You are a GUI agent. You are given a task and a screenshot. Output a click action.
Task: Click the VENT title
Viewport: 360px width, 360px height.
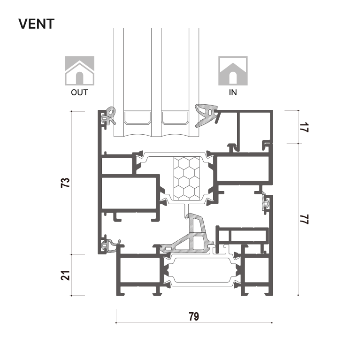click(36, 24)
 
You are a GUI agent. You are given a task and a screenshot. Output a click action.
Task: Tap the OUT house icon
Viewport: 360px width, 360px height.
click(79, 71)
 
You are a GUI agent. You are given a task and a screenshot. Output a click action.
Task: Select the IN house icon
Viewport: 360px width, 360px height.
click(233, 71)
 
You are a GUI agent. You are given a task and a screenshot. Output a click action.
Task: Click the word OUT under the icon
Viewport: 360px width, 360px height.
click(79, 92)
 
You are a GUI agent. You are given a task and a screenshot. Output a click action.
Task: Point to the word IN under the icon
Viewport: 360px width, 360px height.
click(233, 92)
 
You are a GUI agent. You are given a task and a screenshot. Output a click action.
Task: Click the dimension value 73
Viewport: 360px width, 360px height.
click(65, 183)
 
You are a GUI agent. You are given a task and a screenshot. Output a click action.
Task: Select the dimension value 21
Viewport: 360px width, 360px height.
click(65, 276)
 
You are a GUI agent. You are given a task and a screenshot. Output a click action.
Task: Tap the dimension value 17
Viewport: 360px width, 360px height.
click(305, 127)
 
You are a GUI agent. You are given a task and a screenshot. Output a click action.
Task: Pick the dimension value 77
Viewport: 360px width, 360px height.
click(305, 219)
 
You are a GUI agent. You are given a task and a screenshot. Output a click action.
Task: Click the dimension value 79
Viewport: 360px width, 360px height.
click(194, 317)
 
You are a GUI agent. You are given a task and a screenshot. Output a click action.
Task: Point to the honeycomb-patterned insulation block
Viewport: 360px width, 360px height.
click(186, 178)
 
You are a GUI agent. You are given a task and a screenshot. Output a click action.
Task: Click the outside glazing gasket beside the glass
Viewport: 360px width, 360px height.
click(109, 116)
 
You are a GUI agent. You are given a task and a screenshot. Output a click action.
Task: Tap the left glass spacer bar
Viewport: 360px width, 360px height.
click(138, 118)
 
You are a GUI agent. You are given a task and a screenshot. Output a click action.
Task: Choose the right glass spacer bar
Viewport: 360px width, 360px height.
click(175, 118)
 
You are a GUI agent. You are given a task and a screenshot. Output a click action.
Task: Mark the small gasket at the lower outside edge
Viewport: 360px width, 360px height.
click(110, 245)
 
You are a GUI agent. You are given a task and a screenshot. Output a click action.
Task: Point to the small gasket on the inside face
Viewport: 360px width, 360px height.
click(266, 202)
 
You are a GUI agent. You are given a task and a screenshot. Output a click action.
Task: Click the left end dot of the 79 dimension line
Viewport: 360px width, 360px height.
click(116, 323)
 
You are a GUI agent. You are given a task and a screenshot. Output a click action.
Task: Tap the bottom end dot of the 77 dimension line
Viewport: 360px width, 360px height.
click(298, 295)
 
